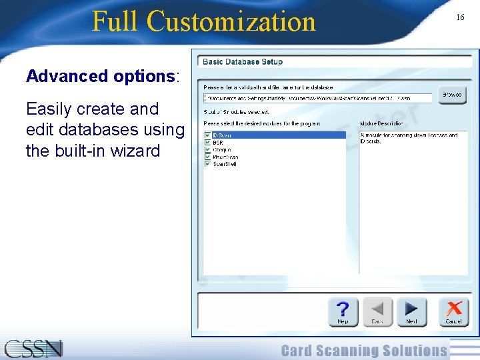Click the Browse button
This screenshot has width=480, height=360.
tap(452, 95)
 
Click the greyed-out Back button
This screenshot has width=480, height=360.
tap(377, 311)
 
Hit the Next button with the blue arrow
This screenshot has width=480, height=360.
tap(411, 311)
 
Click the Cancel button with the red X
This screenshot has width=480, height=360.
tap(453, 311)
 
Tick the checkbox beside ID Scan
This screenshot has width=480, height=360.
tap(207, 135)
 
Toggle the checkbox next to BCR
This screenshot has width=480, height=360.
tap(207, 143)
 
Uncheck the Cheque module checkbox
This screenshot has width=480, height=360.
tap(207, 150)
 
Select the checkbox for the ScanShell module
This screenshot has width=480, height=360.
tap(207, 164)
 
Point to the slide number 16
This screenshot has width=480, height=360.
tap(460, 17)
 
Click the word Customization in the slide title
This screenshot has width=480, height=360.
tap(231, 21)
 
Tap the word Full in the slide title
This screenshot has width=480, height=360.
tap(116, 21)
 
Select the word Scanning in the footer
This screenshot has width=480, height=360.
tap(363, 351)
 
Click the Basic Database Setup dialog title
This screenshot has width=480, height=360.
tap(243, 62)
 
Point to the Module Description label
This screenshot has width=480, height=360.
tap(382, 123)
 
